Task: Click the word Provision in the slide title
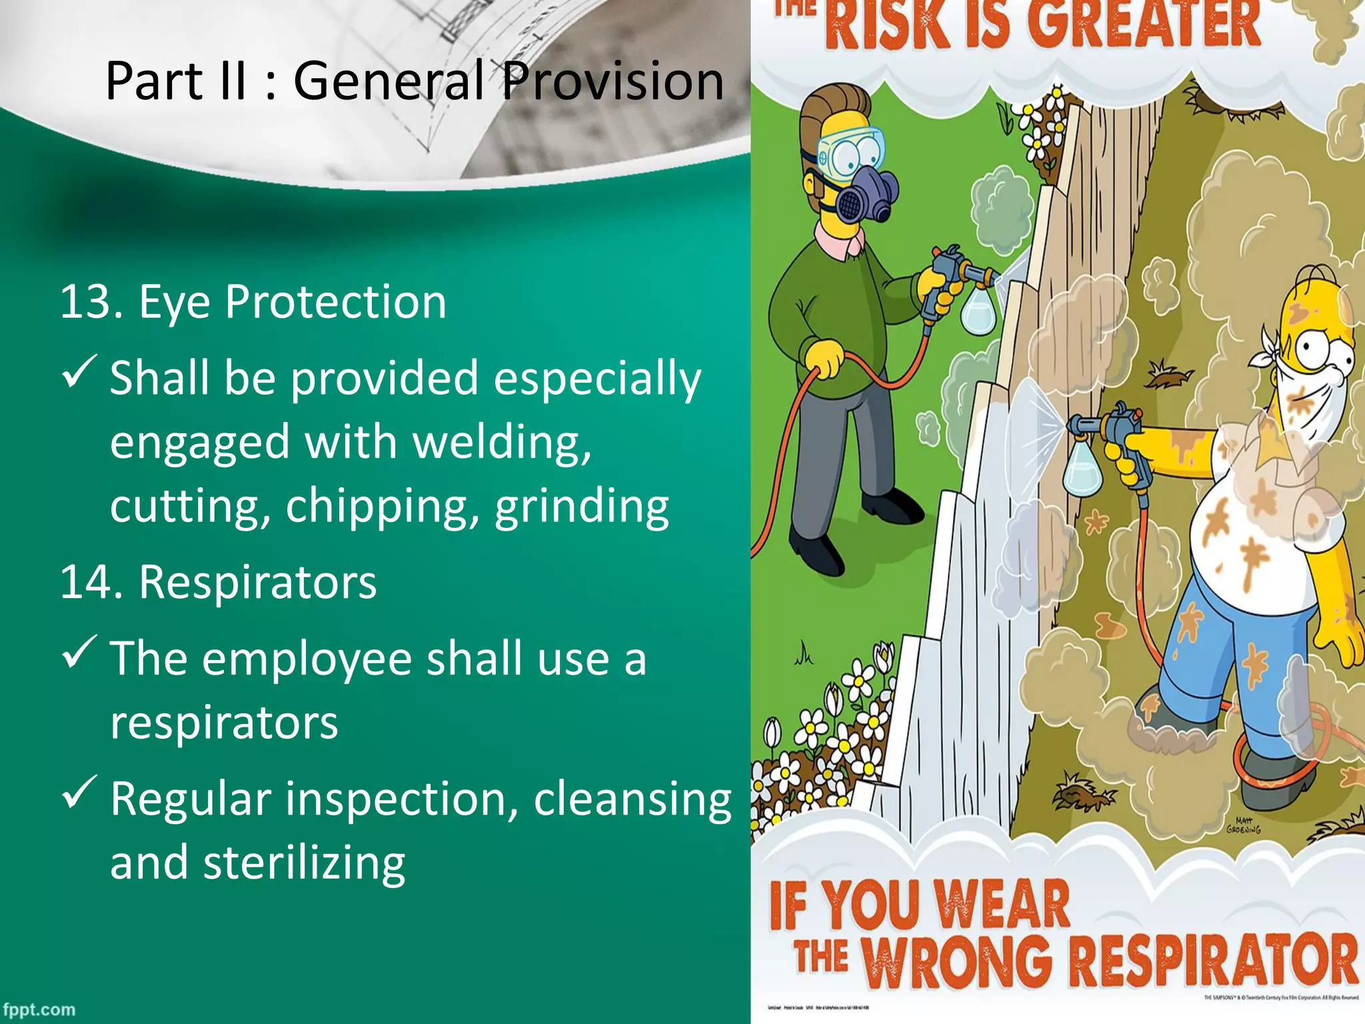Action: pyautogui.click(x=612, y=81)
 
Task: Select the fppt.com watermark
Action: pyautogui.click(x=39, y=1009)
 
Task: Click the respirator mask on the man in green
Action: pyautogui.click(x=861, y=193)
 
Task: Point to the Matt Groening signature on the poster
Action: pyautogui.click(x=1244, y=825)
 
